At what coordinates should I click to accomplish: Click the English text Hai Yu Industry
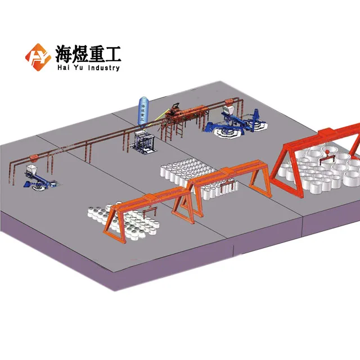pos(88,68)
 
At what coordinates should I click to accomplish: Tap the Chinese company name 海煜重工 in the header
pos(88,53)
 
